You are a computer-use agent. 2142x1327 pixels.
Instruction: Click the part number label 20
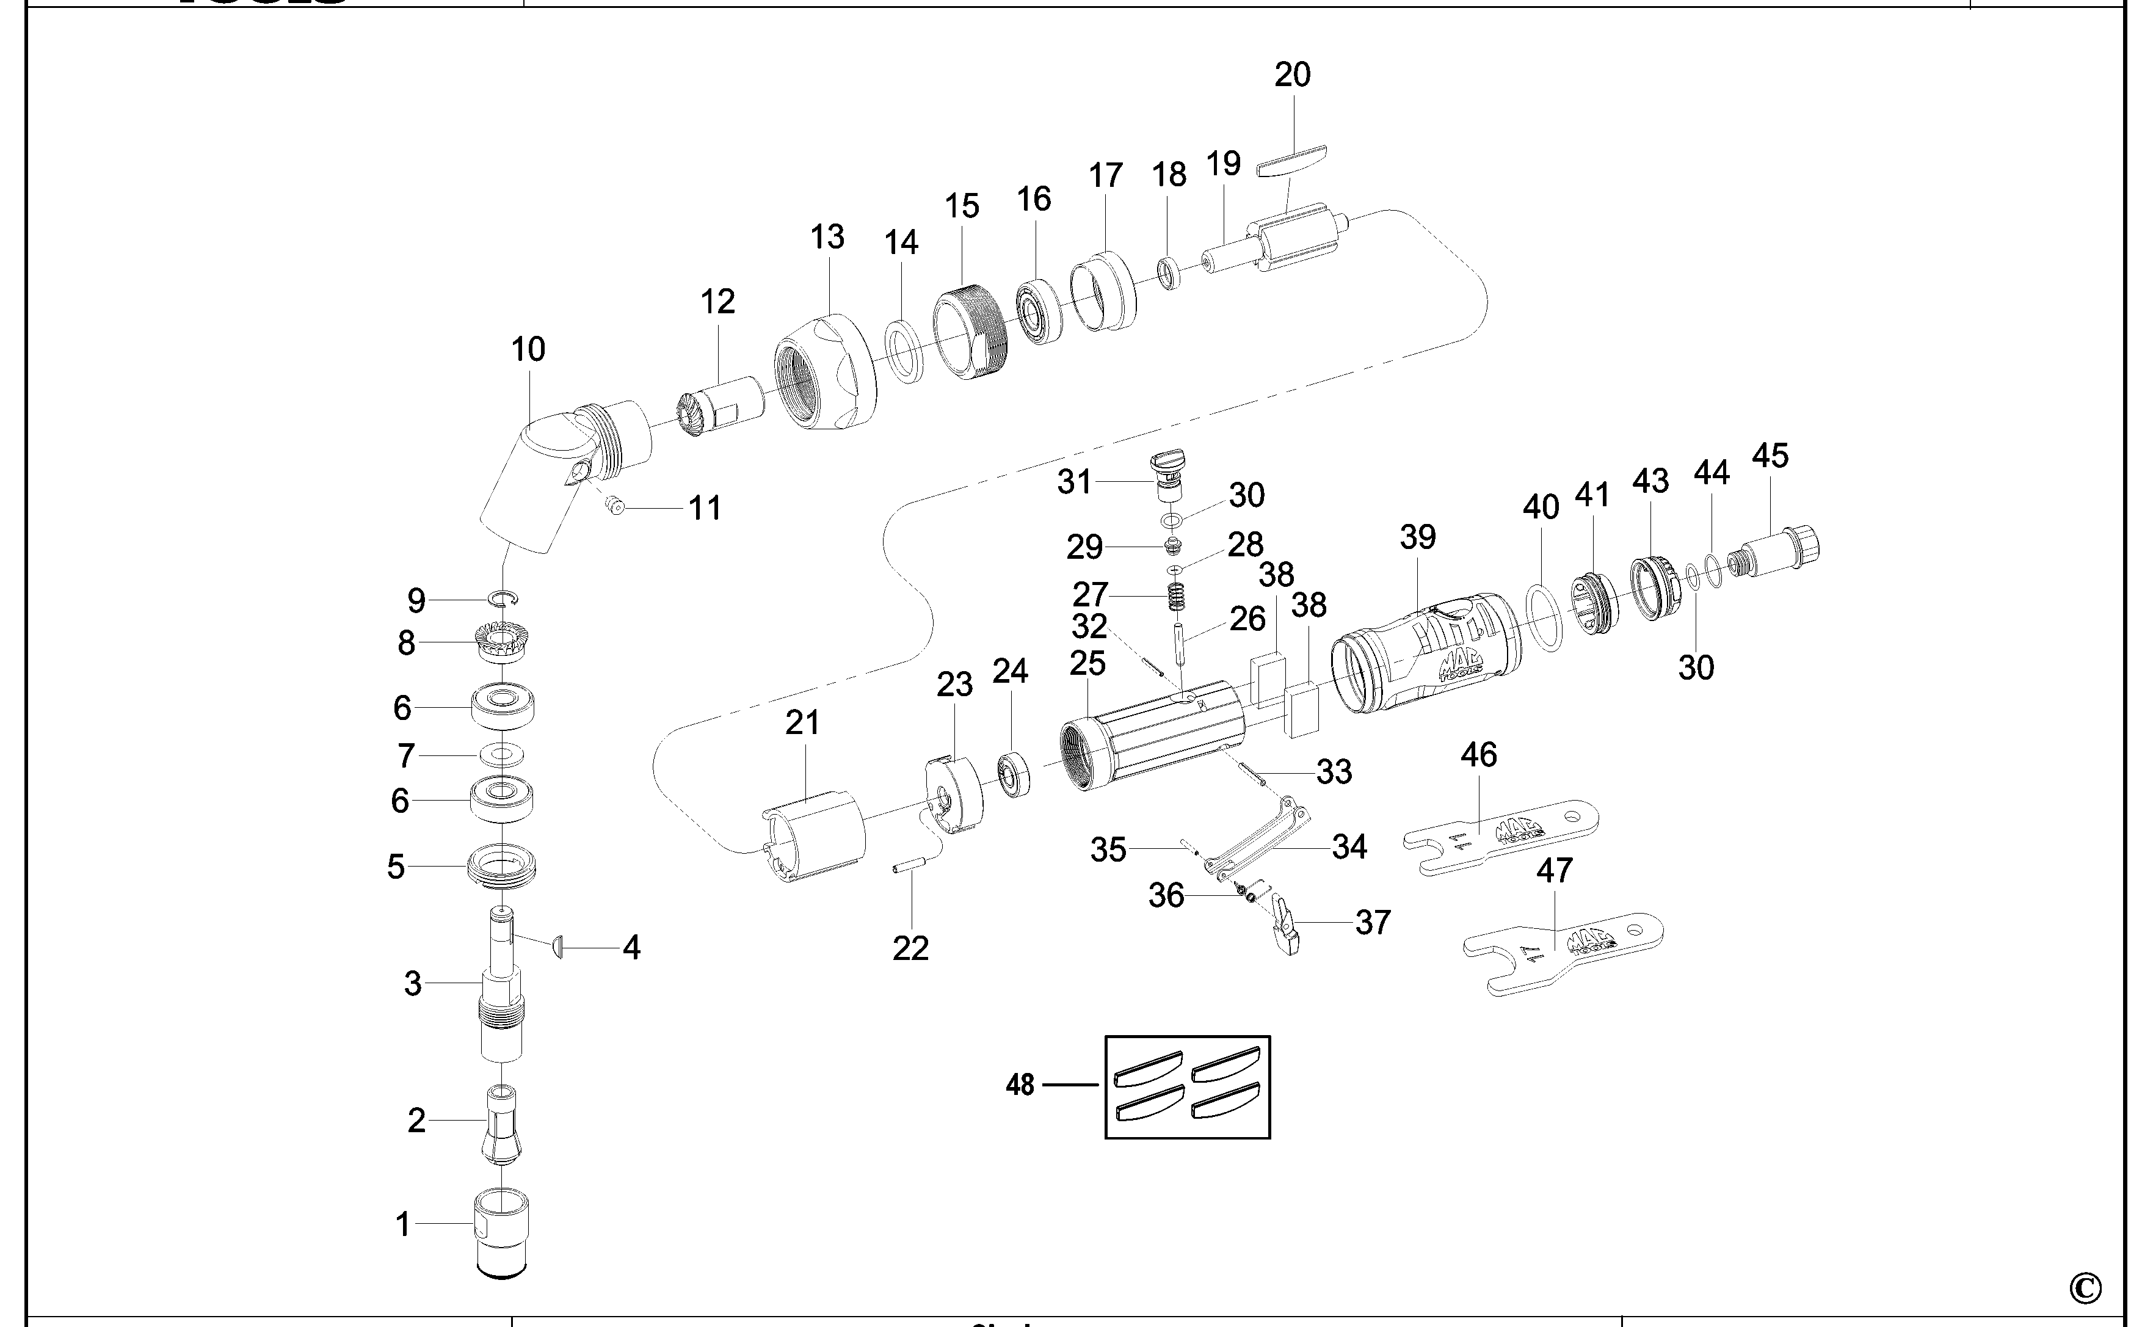tap(1291, 76)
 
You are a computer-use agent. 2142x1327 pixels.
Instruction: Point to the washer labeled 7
tap(501, 754)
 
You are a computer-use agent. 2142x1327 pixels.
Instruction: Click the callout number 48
tap(1020, 1086)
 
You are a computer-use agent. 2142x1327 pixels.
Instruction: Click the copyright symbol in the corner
tap(2085, 1289)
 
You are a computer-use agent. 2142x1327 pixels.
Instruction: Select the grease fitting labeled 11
tap(614, 506)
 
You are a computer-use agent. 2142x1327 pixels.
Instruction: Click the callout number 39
tap(1417, 538)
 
